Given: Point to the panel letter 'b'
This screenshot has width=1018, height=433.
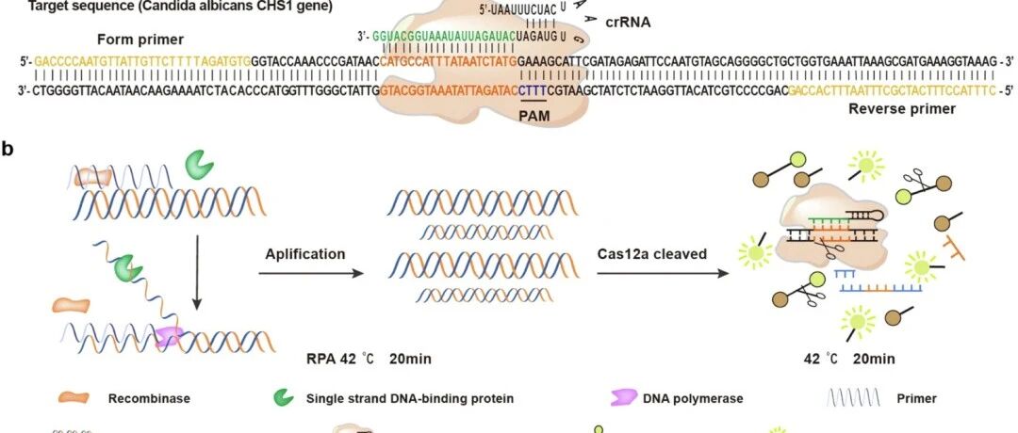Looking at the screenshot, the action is click(8, 148).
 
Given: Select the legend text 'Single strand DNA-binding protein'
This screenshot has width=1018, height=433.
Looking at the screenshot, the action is click(410, 398).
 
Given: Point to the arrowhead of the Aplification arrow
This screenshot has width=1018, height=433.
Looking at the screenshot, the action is click(359, 274).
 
